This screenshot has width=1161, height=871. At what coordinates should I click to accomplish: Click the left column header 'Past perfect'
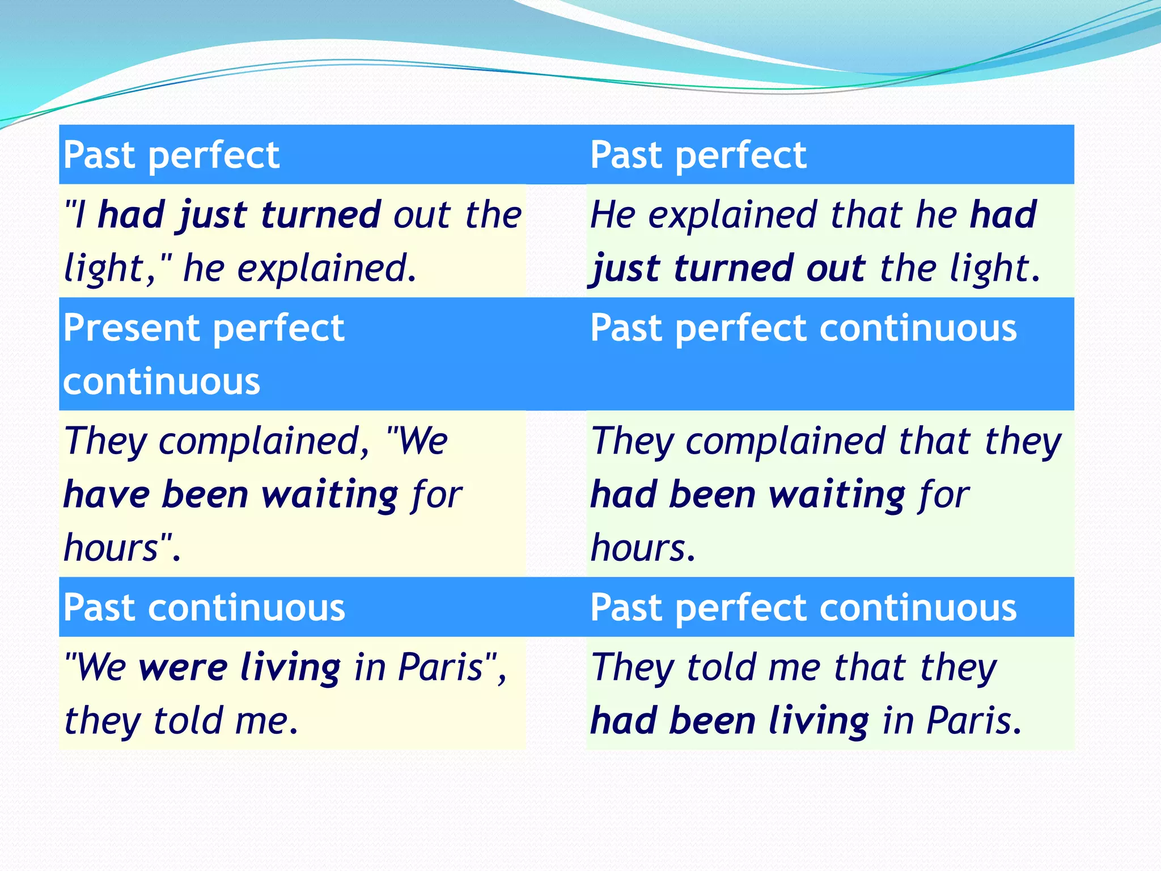171,155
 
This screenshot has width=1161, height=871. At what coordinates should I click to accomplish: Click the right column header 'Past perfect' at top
698,155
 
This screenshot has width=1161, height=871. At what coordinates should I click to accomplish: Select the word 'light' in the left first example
104,268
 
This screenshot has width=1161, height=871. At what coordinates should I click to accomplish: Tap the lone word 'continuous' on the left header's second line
162,382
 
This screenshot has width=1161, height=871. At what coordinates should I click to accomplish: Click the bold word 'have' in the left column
106,494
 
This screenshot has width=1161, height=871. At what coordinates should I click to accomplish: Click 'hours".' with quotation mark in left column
122,548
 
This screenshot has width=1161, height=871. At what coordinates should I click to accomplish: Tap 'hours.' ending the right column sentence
642,548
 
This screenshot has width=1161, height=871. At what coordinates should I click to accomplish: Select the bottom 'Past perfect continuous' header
803,607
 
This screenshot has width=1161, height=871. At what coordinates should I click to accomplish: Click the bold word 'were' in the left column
183,667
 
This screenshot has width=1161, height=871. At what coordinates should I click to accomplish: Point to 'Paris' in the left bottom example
440,667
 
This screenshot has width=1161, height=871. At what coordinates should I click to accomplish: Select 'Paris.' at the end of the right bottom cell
974,721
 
